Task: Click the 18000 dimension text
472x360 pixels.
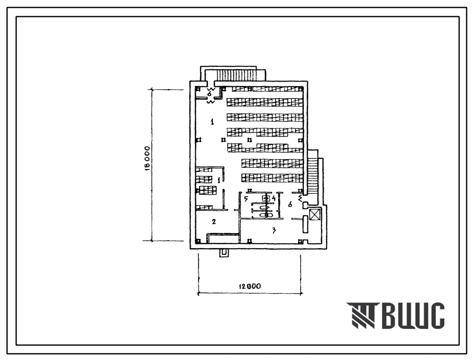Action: [147, 159]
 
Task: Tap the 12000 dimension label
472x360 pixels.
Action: [250, 286]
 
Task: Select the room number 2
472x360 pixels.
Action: [214, 222]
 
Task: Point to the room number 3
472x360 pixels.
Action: [274, 231]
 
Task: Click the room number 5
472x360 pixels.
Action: [246, 199]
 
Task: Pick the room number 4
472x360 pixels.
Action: [274, 199]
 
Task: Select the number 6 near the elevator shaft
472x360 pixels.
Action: [290, 204]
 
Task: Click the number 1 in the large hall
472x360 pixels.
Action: [213, 122]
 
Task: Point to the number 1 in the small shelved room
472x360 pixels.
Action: [219, 180]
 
